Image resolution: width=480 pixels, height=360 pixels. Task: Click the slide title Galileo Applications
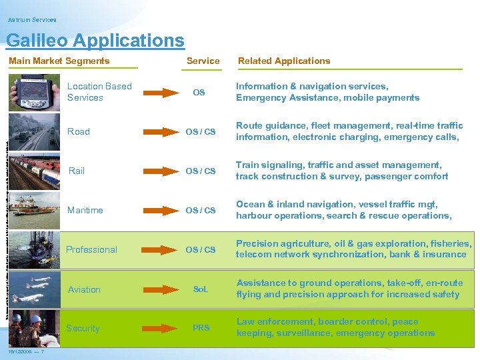click(95, 41)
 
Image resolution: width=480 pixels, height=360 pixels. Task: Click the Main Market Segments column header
click(59, 61)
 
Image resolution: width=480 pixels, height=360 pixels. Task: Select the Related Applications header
click(284, 61)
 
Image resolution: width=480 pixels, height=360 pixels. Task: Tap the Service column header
click(203, 61)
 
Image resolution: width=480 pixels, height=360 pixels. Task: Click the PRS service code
click(201, 328)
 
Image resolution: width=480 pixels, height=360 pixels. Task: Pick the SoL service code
click(201, 289)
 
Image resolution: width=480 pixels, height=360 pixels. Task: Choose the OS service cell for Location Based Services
click(199, 92)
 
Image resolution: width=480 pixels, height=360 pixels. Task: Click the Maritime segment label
click(85, 210)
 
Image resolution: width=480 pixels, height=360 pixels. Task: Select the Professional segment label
click(91, 249)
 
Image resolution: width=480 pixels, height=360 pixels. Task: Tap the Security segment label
click(83, 328)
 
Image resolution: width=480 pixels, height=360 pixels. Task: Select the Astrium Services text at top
click(33, 20)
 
